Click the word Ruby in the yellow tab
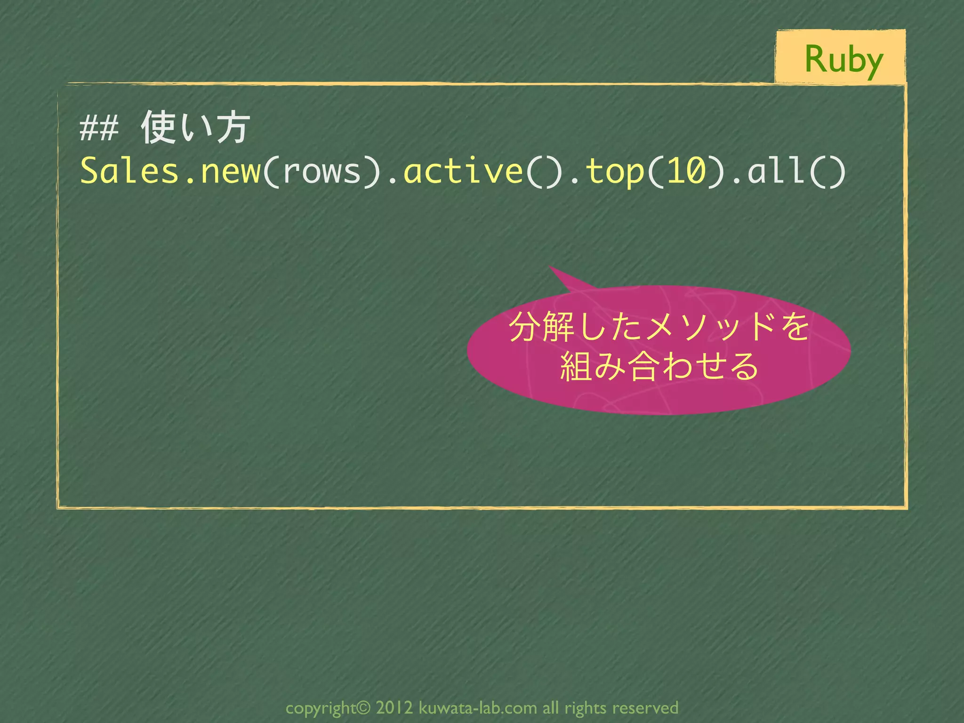click(843, 60)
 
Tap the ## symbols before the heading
click(99, 129)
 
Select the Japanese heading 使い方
click(195, 127)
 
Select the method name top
click(614, 171)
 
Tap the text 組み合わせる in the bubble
click(659, 366)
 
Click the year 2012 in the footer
click(394, 707)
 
